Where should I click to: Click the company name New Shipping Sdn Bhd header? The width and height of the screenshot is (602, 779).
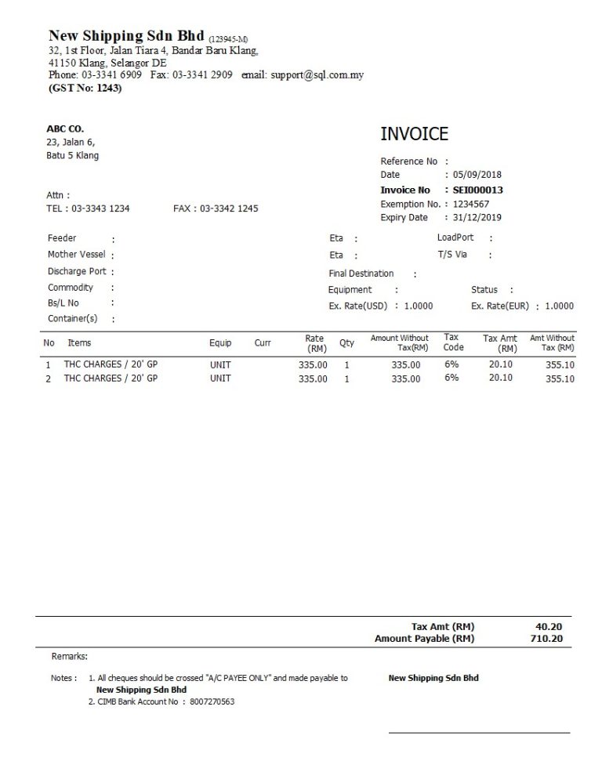point(125,36)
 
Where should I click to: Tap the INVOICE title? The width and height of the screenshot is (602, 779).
point(414,134)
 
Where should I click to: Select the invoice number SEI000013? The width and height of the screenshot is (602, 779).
point(477,190)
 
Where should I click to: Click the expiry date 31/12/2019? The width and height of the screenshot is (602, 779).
point(477,218)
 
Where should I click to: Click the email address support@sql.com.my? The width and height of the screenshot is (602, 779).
point(316,75)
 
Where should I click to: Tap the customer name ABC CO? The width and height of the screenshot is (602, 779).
point(65,129)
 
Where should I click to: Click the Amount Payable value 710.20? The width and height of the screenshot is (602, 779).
point(546,639)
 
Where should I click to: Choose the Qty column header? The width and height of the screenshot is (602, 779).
point(346,343)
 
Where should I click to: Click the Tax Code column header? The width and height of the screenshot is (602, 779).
point(453,342)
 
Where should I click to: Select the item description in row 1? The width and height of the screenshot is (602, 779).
point(111,364)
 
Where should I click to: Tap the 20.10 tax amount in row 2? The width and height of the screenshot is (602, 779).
point(500,378)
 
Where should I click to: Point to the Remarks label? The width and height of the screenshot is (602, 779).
point(70,656)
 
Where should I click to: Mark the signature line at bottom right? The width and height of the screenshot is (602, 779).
point(479,733)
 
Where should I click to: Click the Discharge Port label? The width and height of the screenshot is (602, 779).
point(77,272)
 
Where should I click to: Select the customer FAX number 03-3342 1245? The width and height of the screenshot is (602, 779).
point(229,209)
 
